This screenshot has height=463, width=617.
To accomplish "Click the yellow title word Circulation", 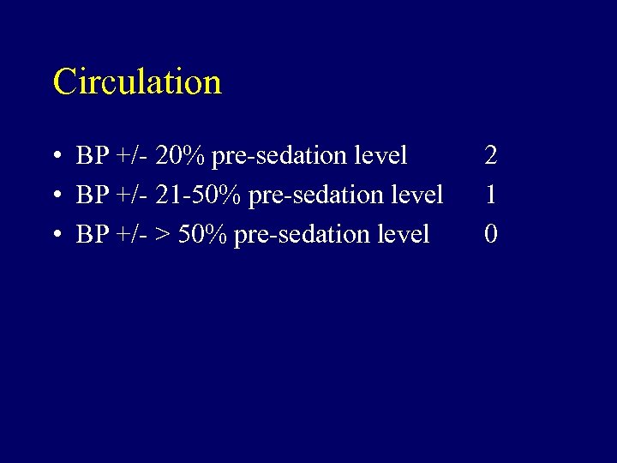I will pos(137,82).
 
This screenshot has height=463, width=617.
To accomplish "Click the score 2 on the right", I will pos(491,156).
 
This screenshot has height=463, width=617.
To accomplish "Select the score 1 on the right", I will pos(491,195).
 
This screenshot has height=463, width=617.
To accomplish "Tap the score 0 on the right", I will pos(491,234).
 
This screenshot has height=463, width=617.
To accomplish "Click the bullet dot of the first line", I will pos(55,157).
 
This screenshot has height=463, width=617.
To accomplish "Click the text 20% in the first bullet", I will pos(181,156).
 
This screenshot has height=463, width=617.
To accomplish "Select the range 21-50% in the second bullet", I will pos(200,195).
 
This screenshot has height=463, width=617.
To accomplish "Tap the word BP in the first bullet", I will pos(91,156).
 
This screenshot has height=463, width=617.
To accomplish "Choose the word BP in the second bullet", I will pos(91,195).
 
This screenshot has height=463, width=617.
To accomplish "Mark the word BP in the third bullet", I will pos(91,234).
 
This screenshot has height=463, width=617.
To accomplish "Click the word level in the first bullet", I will pos(380,156).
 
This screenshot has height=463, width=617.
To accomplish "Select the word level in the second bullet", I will pos(416,195).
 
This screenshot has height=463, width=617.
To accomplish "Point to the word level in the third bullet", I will pos(402,234).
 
